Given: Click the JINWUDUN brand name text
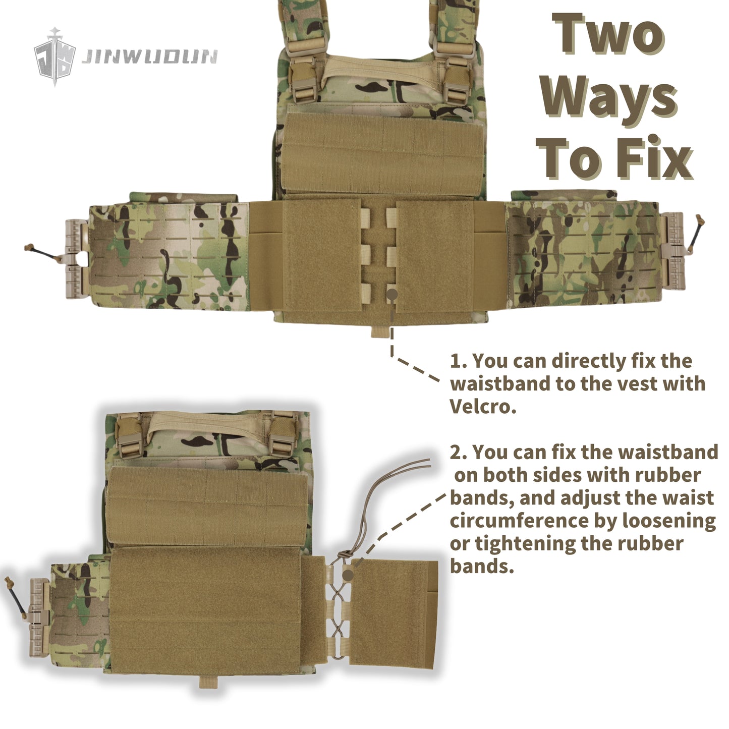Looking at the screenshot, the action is click(x=150, y=57).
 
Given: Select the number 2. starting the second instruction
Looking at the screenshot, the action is click(x=459, y=453).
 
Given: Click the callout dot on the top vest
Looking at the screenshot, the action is click(x=392, y=294).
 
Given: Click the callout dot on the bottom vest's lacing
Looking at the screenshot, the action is click(x=348, y=576).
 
